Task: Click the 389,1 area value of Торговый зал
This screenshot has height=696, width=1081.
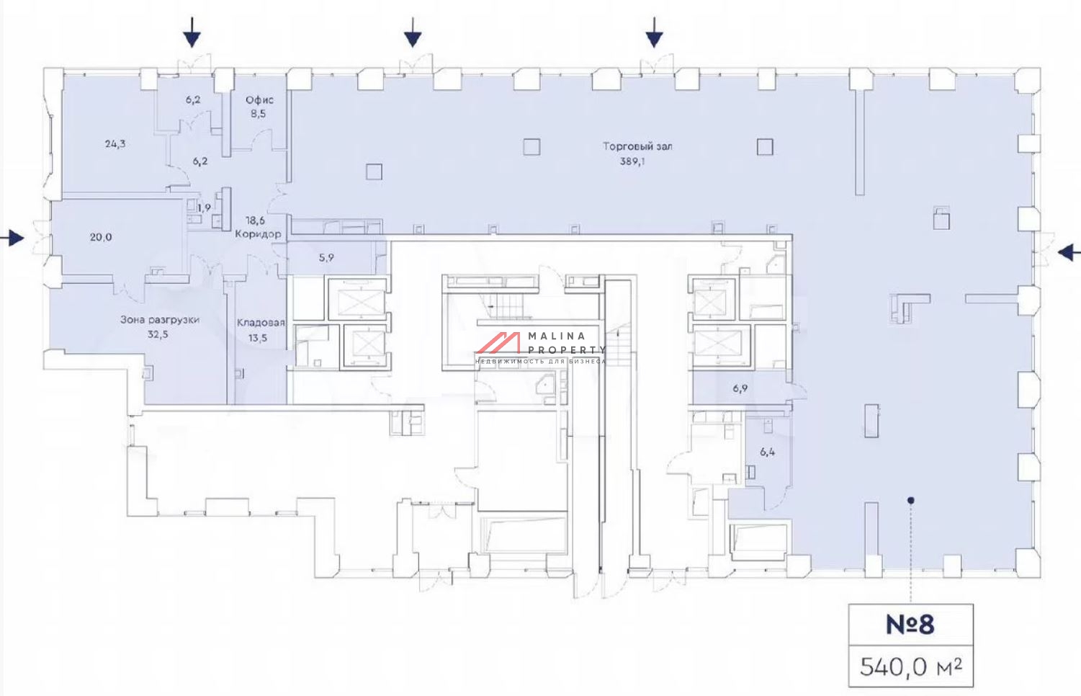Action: (632, 161)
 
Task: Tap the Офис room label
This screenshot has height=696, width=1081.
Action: (260, 100)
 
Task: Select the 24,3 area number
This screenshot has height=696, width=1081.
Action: (115, 144)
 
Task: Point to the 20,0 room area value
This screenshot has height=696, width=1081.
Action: (101, 237)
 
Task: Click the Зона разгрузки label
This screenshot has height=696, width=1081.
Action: (160, 319)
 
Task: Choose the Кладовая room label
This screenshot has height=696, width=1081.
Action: (261, 323)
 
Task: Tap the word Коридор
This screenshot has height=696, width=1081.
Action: (258, 234)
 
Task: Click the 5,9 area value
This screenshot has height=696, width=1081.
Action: (326, 258)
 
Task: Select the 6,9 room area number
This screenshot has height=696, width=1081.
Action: (740, 388)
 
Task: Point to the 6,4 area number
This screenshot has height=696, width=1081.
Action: (767, 452)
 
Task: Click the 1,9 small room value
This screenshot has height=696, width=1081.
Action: (204, 208)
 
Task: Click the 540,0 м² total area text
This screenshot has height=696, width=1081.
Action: (910, 667)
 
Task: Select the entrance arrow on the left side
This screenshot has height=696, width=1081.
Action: (12, 238)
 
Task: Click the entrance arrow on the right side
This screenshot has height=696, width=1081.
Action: (1069, 252)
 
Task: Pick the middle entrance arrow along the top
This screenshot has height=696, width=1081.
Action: (413, 32)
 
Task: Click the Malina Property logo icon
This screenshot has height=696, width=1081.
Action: (498, 343)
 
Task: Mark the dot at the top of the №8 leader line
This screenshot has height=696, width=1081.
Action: (910, 501)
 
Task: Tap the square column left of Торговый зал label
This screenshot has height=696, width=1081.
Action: (531, 147)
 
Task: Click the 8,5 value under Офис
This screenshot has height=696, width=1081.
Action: (258, 115)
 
